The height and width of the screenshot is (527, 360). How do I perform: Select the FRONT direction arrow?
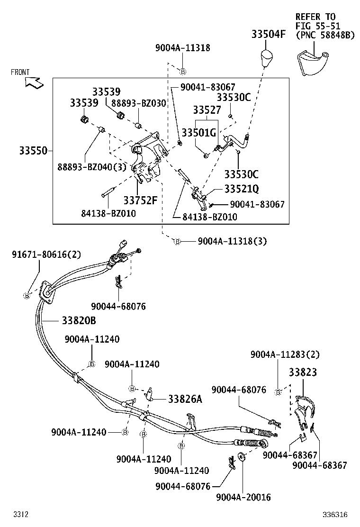[33, 82]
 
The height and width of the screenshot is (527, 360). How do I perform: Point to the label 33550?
[33, 151]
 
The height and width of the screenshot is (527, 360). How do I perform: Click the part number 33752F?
[140, 200]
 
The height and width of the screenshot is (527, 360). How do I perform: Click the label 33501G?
[199, 133]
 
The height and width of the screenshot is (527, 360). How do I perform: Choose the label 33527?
[207, 110]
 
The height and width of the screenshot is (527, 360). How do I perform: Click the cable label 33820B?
[79, 321]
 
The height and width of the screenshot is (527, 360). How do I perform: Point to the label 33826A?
[185, 399]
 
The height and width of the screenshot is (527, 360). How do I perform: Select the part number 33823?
[303, 373]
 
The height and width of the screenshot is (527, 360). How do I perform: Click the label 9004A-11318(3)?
[232, 241]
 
